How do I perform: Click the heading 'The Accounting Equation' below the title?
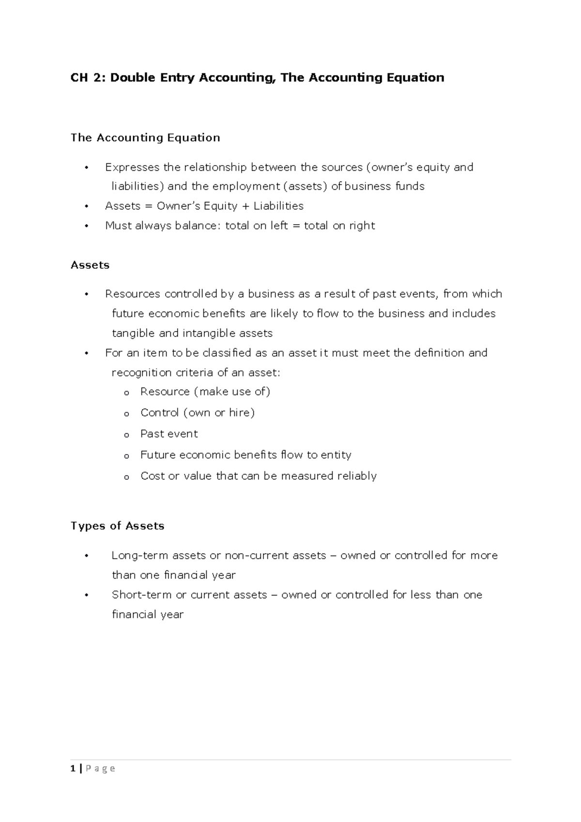(145, 138)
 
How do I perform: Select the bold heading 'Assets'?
(90, 265)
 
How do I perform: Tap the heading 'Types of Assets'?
(118, 526)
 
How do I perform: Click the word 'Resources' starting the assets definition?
(133, 294)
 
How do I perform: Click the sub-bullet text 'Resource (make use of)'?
(205, 392)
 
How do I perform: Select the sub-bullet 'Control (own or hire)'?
(197, 413)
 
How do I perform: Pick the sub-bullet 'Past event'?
(169, 434)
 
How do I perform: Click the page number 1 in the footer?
(73, 769)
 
